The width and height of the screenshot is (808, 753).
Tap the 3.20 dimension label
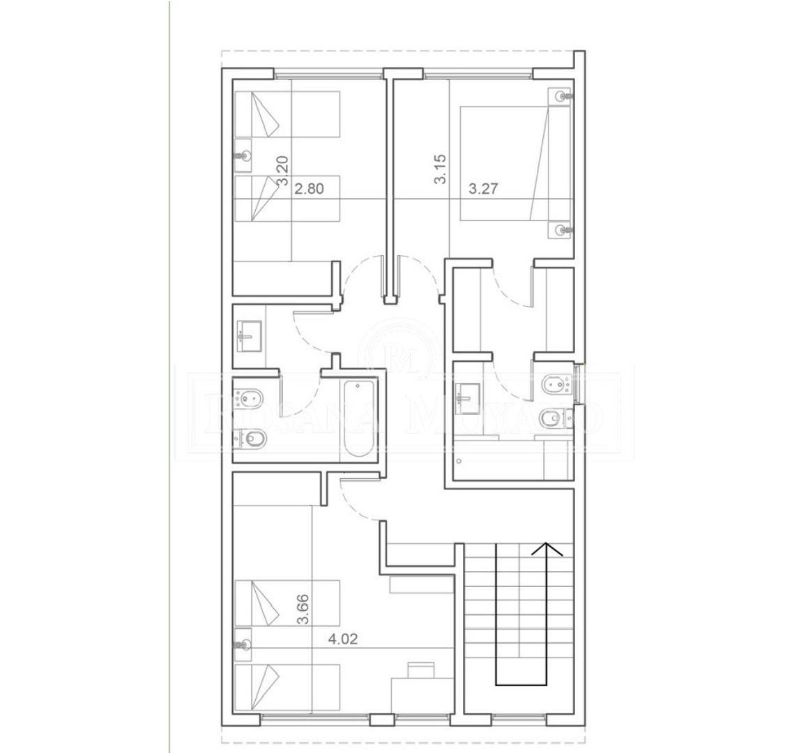click(x=282, y=170)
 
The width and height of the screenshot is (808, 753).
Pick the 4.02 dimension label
click(x=344, y=638)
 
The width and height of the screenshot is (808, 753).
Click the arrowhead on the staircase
click(x=547, y=549)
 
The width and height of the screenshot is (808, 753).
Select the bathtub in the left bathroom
click(x=358, y=420)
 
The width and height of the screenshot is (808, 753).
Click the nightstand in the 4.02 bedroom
click(x=243, y=639)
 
